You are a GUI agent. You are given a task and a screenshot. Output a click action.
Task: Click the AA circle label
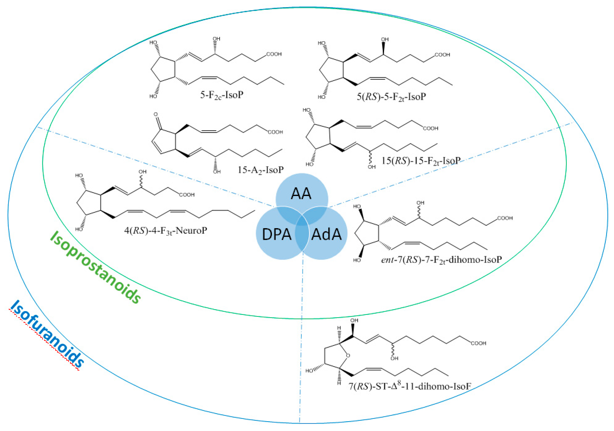click(301, 194)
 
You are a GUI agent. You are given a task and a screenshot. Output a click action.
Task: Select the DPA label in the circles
click(277, 234)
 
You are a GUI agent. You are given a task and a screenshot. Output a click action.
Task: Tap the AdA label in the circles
click(326, 234)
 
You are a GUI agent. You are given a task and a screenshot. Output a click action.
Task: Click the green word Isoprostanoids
click(96, 267)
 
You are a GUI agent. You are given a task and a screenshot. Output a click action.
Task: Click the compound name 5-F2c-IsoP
click(222, 95)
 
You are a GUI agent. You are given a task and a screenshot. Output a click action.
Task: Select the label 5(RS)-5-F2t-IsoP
click(391, 97)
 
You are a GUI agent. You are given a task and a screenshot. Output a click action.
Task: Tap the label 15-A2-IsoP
click(260, 170)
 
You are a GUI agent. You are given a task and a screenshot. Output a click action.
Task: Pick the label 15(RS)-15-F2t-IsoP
click(421, 161)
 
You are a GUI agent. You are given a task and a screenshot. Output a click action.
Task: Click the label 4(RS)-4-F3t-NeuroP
click(165, 230)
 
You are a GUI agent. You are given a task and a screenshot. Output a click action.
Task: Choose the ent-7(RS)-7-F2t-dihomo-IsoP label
click(441, 260)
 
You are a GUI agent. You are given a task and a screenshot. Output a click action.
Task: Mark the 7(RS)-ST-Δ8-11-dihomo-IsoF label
click(410, 386)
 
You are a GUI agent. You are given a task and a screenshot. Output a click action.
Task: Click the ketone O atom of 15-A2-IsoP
click(156, 115)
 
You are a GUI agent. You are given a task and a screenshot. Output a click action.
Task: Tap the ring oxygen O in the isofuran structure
click(348, 356)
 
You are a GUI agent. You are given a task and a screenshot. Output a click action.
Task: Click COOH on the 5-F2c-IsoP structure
click(274, 54)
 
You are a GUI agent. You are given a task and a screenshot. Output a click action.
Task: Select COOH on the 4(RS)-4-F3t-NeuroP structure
click(187, 195)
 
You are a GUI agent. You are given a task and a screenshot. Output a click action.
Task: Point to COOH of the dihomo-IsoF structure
click(479, 343)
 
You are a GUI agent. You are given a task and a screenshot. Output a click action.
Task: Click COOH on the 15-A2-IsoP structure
click(275, 132)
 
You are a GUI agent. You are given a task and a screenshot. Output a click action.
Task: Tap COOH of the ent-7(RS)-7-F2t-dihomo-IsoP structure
click(505, 218)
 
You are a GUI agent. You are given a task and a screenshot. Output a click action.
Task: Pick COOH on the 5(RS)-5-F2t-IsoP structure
click(442, 55)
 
